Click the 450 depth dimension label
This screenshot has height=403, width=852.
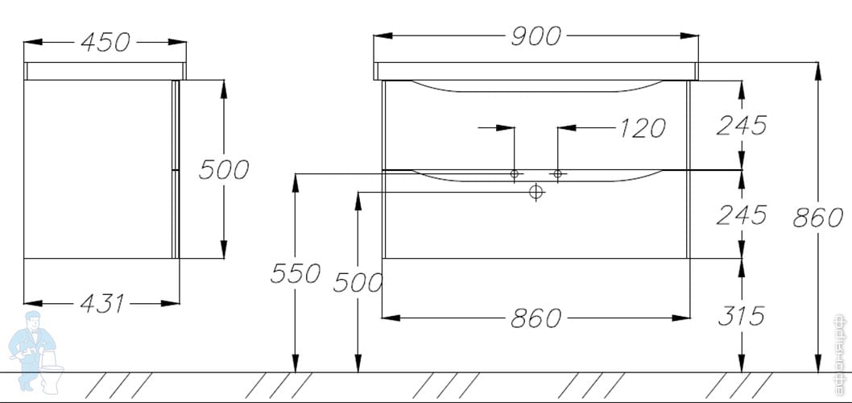coord(105,43)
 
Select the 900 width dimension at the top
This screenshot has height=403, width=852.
coord(535,35)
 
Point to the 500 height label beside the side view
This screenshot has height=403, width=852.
coord(224,170)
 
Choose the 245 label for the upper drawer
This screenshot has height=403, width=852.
coord(741,125)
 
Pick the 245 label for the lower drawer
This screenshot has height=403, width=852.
coord(741,214)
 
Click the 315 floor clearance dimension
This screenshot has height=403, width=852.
coord(741,316)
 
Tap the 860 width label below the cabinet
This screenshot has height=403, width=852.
coord(535,318)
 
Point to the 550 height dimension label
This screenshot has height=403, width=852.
coord(296,274)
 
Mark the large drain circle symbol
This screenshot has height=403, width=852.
coord(536,192)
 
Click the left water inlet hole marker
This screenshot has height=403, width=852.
coord(515,173)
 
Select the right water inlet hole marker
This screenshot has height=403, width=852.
coord(557,173)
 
